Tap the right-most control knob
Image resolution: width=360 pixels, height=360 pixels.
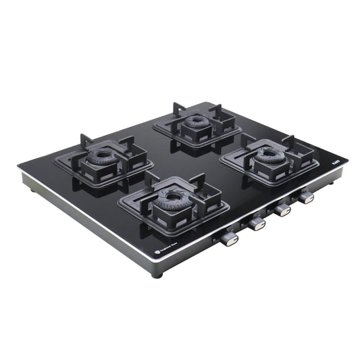(307, 197)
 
